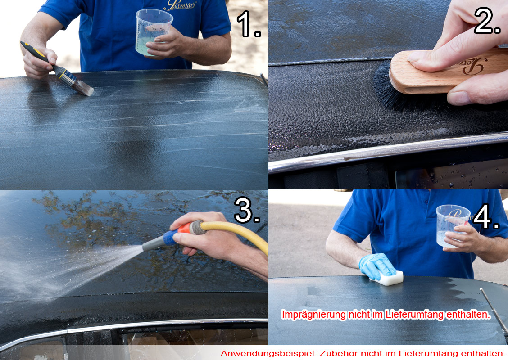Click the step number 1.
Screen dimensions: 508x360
(x=248, y=24)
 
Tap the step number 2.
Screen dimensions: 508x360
(x=487, y=21)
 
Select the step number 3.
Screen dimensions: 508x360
(x=247, y=210)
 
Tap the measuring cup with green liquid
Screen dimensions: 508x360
(x=153, y=32)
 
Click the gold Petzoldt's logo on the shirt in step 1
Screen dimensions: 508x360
(x=180, y=5)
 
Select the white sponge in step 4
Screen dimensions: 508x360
(x=389, y=279)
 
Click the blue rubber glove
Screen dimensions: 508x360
(x=377, y=265)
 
